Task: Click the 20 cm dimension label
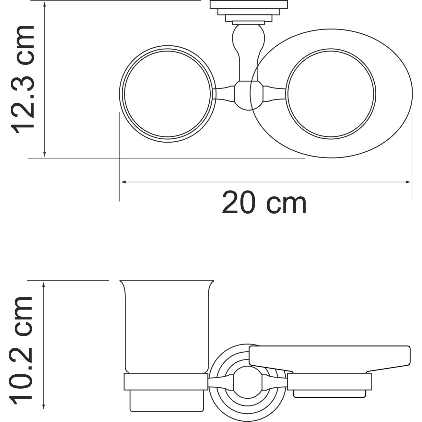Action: pyautogui.click(x=264, y=203)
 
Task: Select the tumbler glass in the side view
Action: pyautogui.click(x=167, y=326)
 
